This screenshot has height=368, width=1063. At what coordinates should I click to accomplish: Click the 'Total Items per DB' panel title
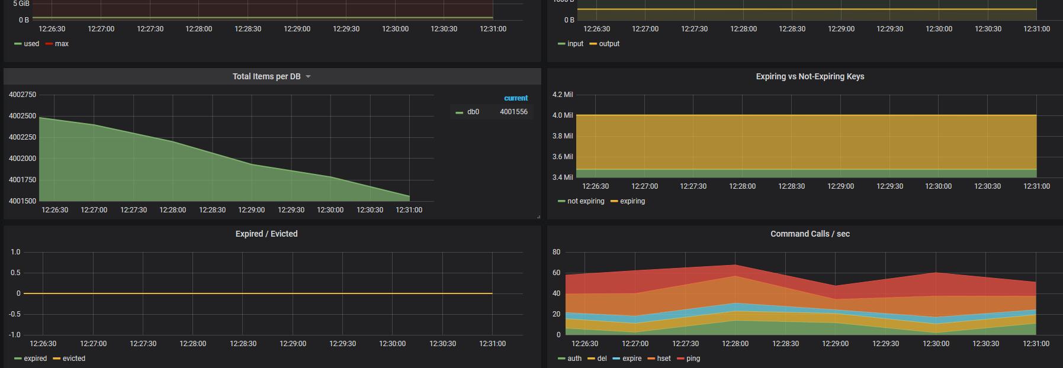coord(266,76)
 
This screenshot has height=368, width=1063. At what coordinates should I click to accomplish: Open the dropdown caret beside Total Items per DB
coord(308,77)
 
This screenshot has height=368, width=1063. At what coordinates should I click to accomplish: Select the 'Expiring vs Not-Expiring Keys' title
coord(810,76)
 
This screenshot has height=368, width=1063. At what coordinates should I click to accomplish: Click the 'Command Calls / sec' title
coord(810,234)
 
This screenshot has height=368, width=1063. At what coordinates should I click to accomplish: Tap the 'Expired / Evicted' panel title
coord(266,234)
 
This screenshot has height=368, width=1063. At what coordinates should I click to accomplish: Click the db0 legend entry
coord(468,112)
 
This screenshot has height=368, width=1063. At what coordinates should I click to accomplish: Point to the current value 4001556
coord(513,112)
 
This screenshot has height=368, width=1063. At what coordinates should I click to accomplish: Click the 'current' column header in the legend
coord(516,98)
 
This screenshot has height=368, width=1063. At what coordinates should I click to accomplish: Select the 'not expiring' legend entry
coord(581,201)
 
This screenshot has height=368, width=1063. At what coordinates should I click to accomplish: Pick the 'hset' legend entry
coord(659,359)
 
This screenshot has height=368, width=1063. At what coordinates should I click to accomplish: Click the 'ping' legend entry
coord(688,359)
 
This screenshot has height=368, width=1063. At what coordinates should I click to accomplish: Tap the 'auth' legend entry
coord(570,359)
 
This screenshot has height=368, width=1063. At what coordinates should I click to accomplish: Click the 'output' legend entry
coord(604,44)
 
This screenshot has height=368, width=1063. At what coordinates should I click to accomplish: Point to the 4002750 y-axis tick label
coord(23,95)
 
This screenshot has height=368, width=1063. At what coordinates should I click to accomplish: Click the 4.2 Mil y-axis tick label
coord(563,95)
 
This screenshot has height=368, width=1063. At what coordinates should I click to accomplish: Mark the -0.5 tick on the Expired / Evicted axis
coord(14,314)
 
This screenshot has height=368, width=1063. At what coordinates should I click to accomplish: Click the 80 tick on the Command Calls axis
coord(556,252)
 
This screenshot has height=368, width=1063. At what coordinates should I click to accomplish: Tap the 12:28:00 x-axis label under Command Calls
coord(736,344)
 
